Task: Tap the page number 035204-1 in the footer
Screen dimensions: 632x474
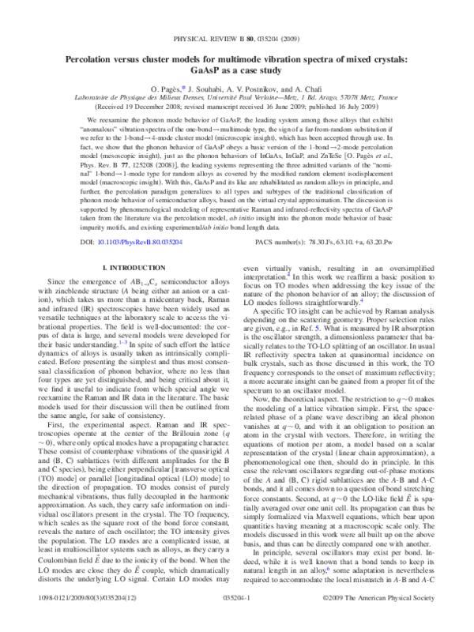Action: coord(236,623)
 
